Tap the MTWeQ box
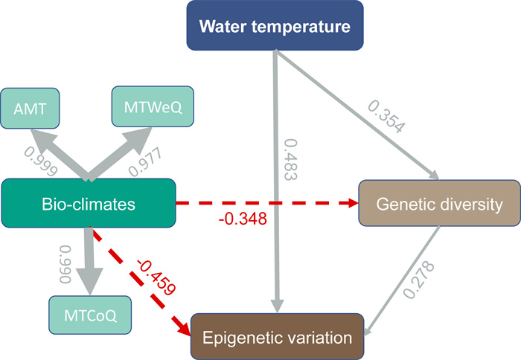click(x=150, y=109)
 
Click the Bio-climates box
click(x=89, y=202)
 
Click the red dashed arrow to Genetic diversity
click(x=268, y=202)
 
